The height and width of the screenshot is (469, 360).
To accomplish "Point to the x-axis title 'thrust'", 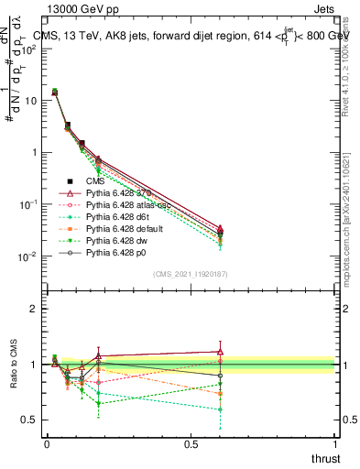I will click(325, 458).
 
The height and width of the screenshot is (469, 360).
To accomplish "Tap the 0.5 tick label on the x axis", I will click(191, 443).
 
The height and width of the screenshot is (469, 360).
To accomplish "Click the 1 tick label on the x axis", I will click(336, 443).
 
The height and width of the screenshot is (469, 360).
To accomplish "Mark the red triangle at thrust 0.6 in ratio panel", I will click(220, 351).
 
